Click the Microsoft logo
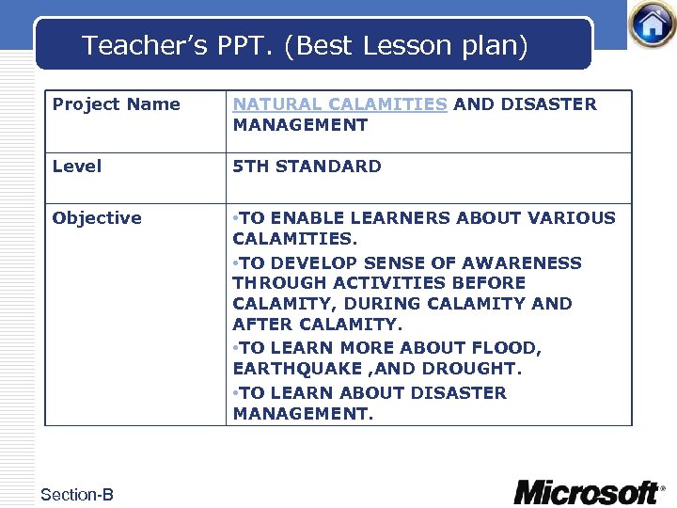588,491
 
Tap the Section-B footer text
77,494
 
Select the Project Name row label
117,104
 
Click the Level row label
77,167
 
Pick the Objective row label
97,218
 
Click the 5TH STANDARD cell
307,167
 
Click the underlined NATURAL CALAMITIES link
340,104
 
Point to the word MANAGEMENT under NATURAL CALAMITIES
301,125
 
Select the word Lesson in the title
422,45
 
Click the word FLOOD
509,348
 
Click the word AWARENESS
527,263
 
